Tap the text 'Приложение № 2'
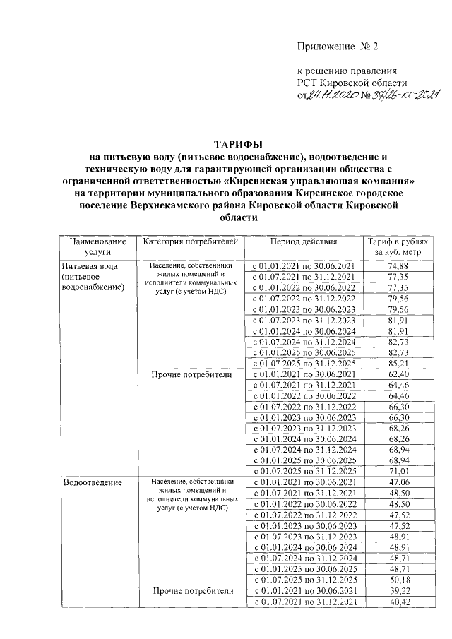coord(338,47)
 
